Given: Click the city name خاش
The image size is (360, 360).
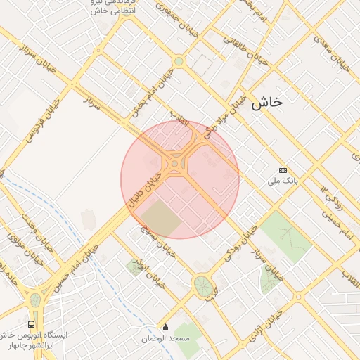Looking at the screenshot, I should tap(265, 102).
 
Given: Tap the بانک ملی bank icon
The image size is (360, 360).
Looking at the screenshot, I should tap(283, 170).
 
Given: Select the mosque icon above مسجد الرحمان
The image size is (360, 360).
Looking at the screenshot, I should tap(166, 326).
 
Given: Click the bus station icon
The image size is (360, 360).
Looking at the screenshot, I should tap(31, 324).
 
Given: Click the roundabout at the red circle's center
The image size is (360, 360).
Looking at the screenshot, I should tap(174, 165).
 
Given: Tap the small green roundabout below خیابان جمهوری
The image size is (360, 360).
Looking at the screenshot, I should tap(179, 61).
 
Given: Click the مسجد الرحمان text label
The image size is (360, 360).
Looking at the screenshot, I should tap(166, 339).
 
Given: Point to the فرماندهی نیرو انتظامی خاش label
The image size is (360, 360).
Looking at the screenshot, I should tap(99, 7).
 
